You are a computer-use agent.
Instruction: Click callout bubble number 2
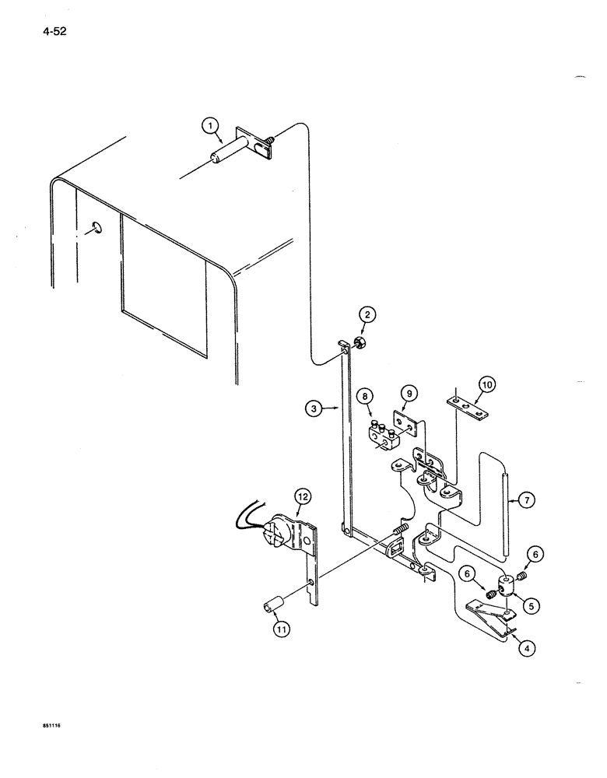368,314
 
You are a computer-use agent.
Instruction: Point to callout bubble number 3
313,407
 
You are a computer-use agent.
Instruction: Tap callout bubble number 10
485,384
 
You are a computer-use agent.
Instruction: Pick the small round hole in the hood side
95,227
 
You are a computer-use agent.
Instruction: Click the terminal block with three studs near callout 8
381,434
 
